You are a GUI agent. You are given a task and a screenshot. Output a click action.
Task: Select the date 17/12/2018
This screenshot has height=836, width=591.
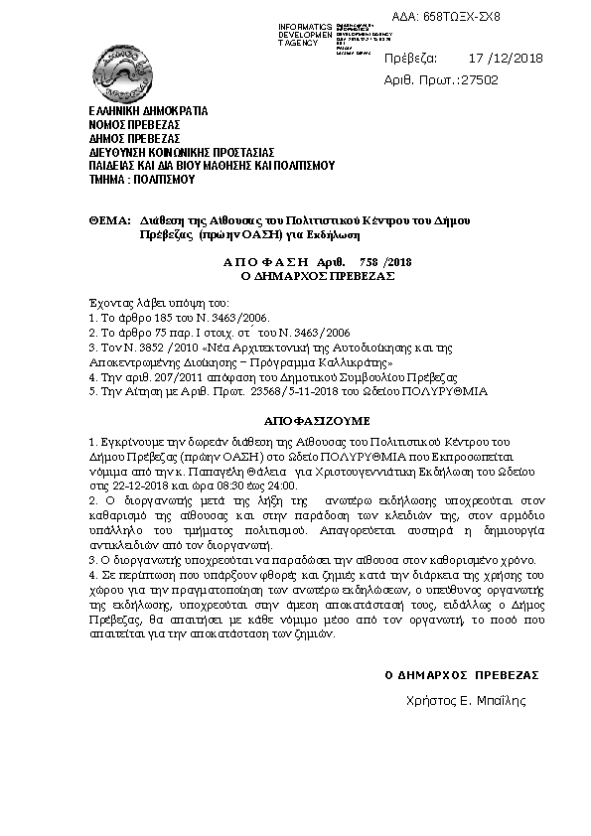(505, 59)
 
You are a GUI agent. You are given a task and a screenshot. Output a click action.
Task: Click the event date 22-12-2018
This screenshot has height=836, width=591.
(137, 486)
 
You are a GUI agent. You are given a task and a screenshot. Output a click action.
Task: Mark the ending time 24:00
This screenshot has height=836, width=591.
(282, 486)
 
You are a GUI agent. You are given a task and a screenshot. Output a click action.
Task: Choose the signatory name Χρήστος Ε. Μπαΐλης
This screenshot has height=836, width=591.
(466, 700)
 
